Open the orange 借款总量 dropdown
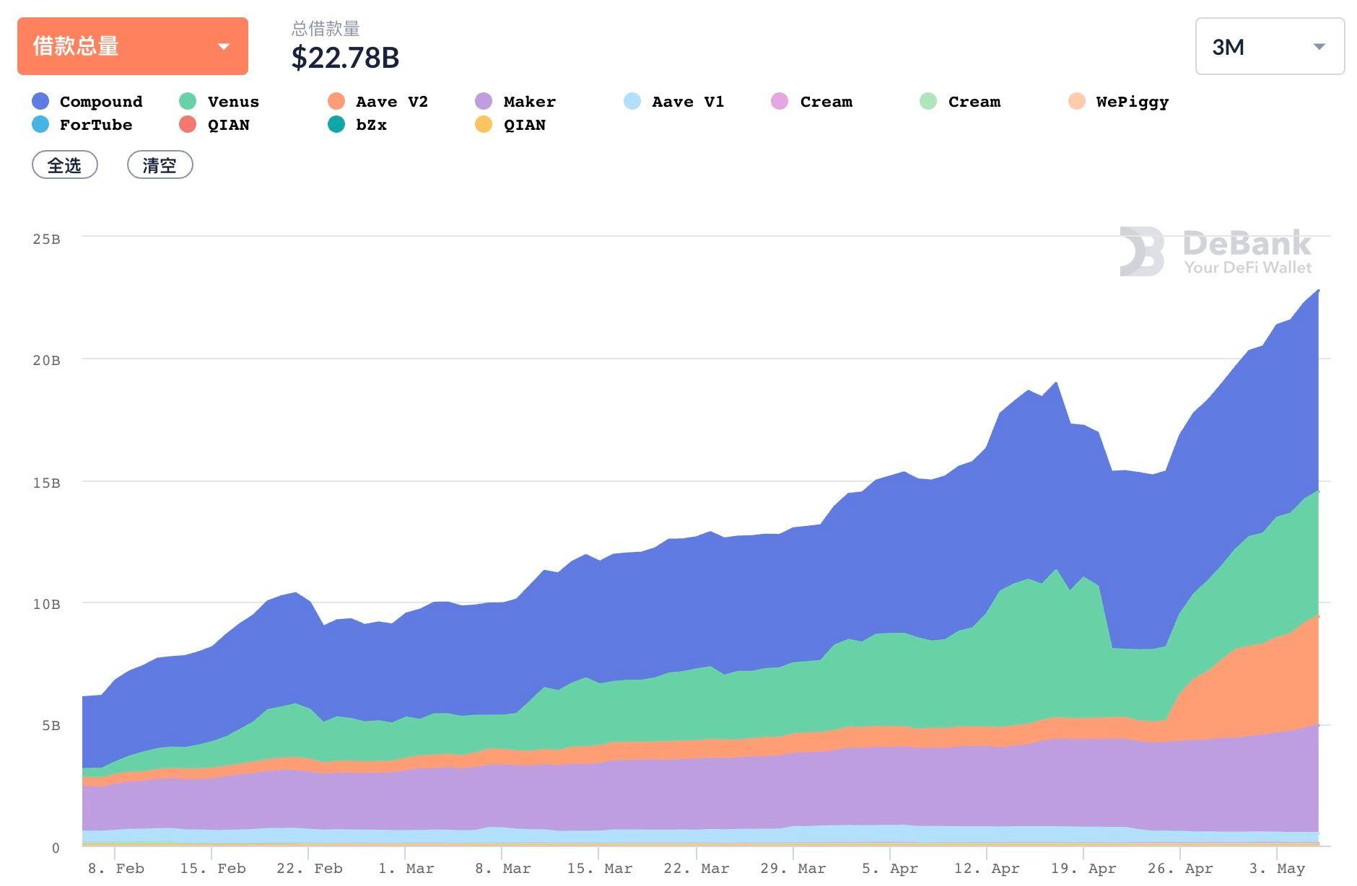coord(132,46)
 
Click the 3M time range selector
coord(1269,47)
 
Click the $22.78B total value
coord(345,58)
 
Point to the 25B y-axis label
coord(46,239)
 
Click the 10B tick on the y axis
coord(46,604)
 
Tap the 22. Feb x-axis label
coord(309,869)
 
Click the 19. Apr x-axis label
coord(1083,869)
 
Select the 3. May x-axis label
coord(1278,869)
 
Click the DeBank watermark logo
coord(1215,252)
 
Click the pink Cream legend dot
coord(780,102)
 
